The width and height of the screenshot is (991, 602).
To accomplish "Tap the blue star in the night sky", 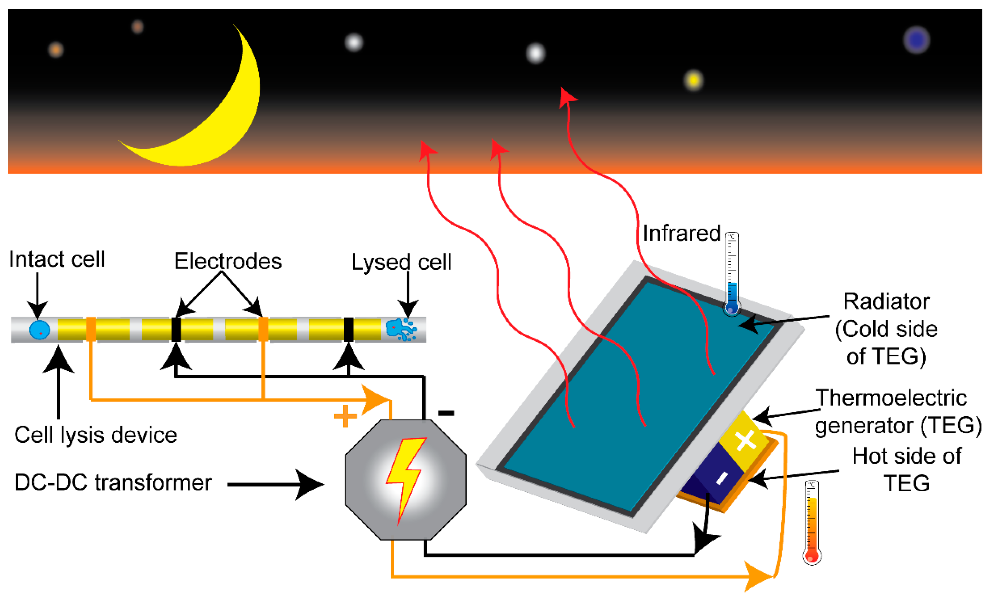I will [x=916, y=40].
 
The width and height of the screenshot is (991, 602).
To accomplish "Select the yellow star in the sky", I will [x=693, y=80].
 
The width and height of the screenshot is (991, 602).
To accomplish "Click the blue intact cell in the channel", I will [x=39, y=330].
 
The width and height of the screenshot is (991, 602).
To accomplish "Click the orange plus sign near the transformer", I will [x=345, y=416].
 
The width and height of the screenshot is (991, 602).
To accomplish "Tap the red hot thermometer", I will [x=812, y=523].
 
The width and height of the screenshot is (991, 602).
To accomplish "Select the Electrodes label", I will [x=228, y=261].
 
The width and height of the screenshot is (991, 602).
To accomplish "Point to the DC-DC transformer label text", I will [x=113, y=483].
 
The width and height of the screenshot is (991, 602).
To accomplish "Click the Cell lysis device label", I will [x=96, y=435].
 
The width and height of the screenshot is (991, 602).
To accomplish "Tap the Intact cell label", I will [x=57, y=259].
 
